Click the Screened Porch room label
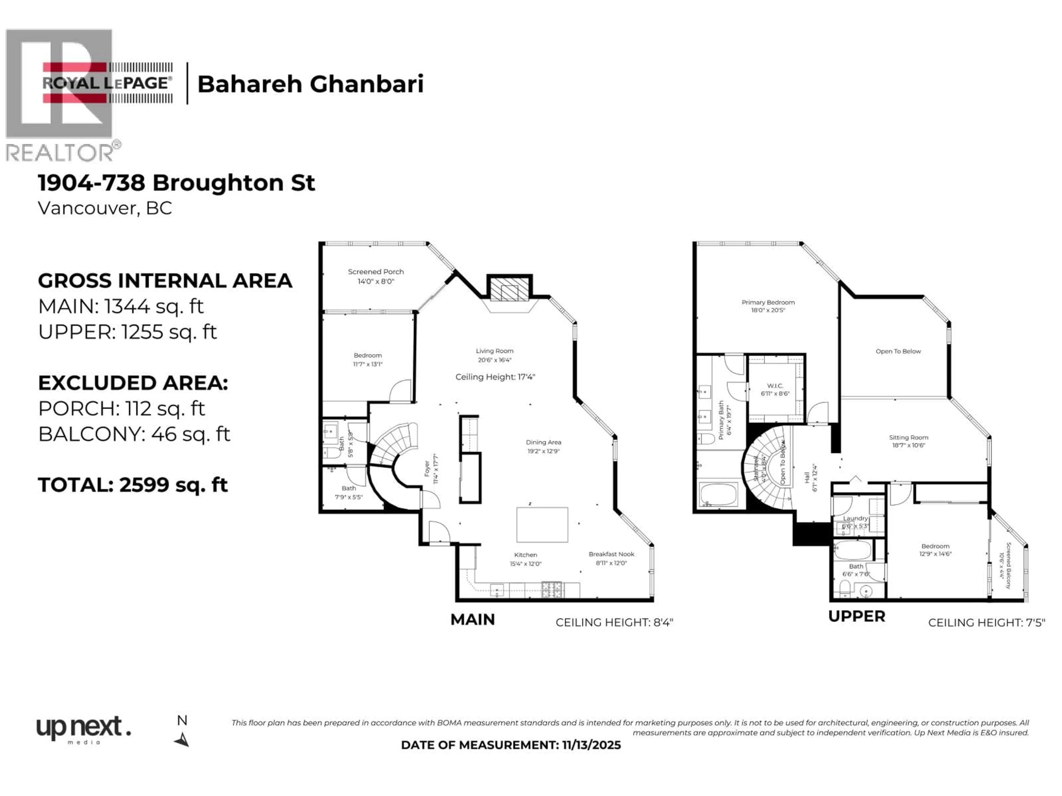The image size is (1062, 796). (x=376, y=272)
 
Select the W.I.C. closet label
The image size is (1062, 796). (x=775, y=386)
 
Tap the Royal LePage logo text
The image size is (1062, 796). (x=106, y=83)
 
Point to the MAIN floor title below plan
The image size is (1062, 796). (x=472, y=619)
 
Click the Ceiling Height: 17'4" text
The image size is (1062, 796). (x=495, y=377)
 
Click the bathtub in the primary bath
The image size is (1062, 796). (x=718, y=494)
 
